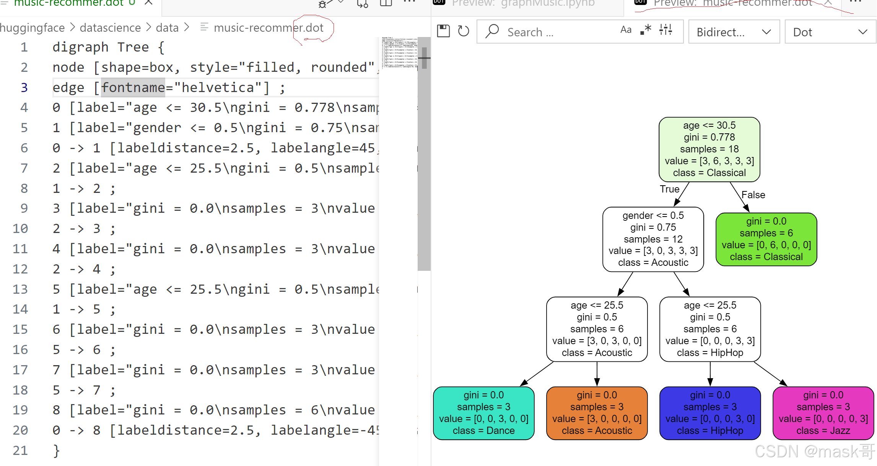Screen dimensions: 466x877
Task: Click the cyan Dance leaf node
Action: [483, 413]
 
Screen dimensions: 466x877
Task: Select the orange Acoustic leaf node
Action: [597, 413]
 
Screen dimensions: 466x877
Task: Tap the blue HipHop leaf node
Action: [710, 413]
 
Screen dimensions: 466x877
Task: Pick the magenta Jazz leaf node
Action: [823, 413]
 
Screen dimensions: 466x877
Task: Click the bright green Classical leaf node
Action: [766, 239]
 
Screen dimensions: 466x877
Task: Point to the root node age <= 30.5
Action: [709, 149]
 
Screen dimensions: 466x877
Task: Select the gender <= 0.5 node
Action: [653, 239]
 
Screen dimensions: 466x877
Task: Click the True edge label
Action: [669, 189]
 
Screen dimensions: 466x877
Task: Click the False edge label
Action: [753, 195]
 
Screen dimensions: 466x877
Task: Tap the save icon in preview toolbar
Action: [443, 31]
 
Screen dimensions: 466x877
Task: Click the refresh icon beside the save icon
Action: [464, 31]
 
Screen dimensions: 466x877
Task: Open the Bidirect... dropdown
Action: [734, 32]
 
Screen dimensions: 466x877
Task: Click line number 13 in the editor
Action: [20, 289]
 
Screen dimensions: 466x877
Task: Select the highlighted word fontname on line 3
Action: [133, 88]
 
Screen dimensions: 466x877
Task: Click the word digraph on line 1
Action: [80, 47]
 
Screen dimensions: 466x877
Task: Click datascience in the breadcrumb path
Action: [110, 28]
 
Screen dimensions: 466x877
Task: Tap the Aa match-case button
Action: [626, 30]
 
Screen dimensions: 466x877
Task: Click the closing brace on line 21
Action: [56, 451]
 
